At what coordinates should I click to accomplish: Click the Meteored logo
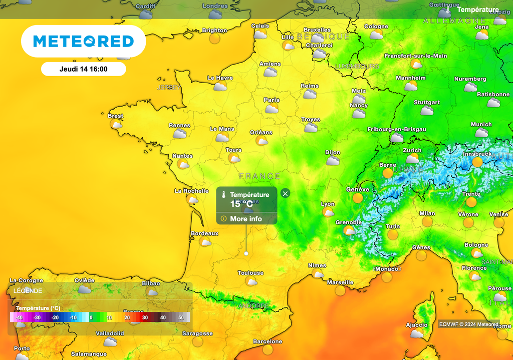pyautogui.click(x=83, y=41)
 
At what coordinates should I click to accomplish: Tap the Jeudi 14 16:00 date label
pyautogui.click(x=83, y=69)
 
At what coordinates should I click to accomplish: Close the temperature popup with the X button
pyautogui.click(x=285, y=193)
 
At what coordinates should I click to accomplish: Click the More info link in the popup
pyautogui.click(x=245, y=219)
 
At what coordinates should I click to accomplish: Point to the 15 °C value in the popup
pyautogui.click(x=241, y=204)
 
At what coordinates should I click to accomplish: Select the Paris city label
pyautogui.click(x=272, y=100)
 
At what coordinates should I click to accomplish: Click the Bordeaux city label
pyautogui.click(x=204, y=233)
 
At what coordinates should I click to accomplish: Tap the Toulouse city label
pyautogui.click(x=250, y=273)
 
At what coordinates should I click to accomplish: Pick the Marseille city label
pyautogui.click(x=340, y=282)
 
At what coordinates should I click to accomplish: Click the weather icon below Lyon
pyautogui.click(x=328, y=212)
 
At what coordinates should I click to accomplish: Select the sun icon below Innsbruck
pyautogui.click(x=477, y=162)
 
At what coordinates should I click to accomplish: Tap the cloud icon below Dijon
pyautogui.click(x=333, y=161)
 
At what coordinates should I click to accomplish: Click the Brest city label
pyautogui.click(x=115, y=116)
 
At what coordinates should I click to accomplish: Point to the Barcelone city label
pyautogui.click(x=268, y=341)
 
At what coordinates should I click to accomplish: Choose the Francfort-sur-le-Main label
pyautogui.click(x=416, y=56)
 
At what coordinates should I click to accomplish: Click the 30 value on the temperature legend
pyautogui.click(x=145, y=317)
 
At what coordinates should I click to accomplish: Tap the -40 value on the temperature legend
pyautogui.click(x=19, y=317)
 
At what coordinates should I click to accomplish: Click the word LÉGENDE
pyautogui.click(x=28, y=290)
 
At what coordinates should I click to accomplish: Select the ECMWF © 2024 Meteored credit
pyautogui.click(x=468, y=324)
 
